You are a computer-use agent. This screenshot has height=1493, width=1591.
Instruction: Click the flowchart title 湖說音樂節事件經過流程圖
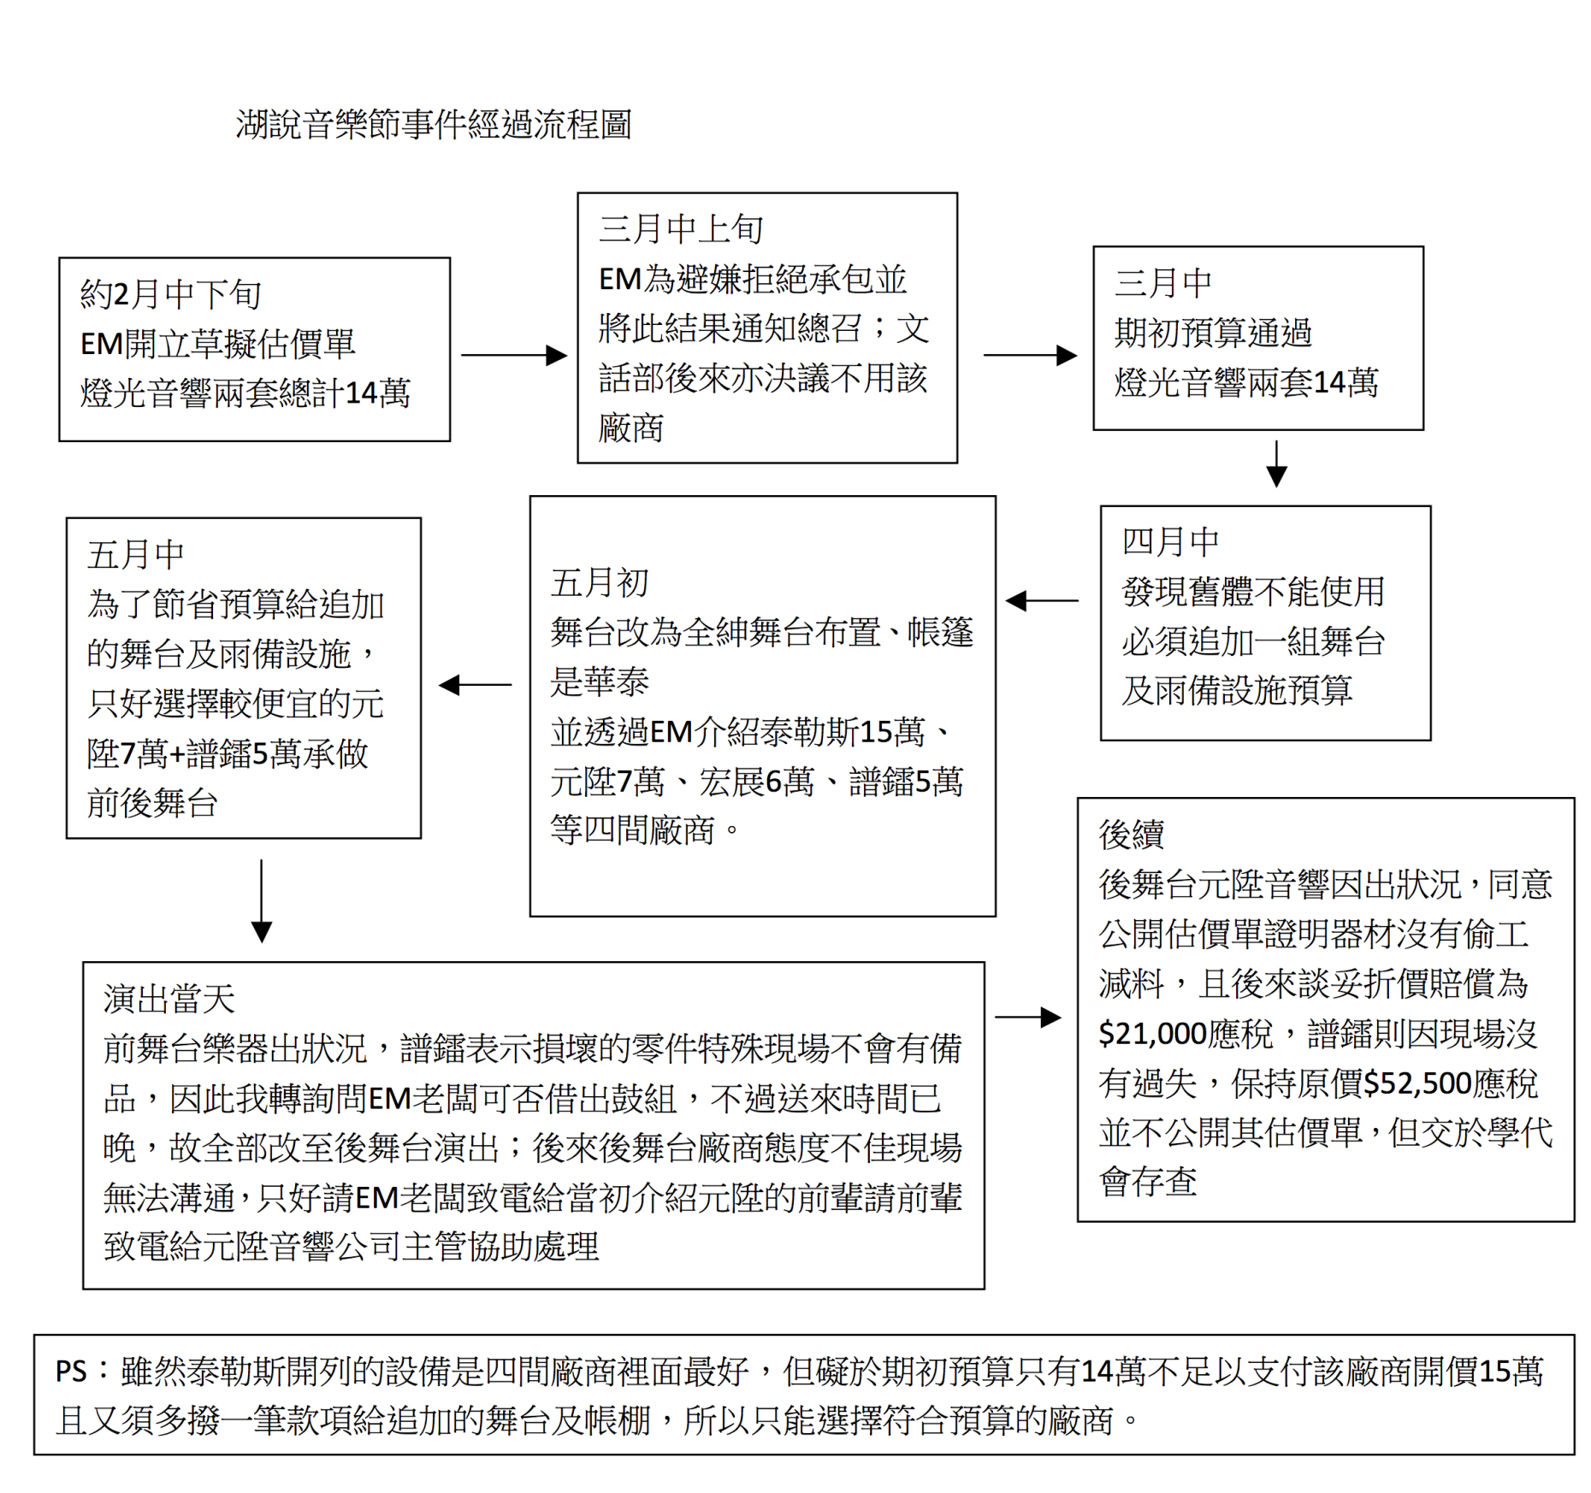tap(434, 125)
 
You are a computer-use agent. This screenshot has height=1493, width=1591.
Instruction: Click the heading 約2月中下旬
tap(170, 294)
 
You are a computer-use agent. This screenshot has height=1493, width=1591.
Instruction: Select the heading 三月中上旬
tap(681, 229)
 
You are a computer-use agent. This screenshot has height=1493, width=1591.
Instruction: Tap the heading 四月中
tap(1170, 541)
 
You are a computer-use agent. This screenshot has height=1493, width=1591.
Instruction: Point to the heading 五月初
tap(600, 583)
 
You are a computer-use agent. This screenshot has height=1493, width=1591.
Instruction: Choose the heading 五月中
tap(136, 555)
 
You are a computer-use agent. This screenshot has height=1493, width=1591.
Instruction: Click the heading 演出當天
tap(169, 999)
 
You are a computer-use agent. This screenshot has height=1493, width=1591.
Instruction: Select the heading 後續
tap(1131, 835)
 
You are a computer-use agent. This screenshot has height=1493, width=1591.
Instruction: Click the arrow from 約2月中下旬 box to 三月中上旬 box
tap(514, 355)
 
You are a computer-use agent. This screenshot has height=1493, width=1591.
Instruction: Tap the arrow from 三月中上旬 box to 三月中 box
tap(1030, 355)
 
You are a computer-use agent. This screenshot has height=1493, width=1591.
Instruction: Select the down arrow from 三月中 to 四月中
tap(1276, 463)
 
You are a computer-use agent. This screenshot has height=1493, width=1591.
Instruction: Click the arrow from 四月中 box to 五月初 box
tap(1042, 601)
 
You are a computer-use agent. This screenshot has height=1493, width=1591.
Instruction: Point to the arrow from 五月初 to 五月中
tap(475, 685)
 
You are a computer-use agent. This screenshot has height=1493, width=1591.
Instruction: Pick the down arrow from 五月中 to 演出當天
tap(262, 901)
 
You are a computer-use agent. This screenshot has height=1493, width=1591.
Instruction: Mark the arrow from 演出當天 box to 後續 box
tap(1028, 1017)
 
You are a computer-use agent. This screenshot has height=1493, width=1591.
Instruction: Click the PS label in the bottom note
tap(72, 1372)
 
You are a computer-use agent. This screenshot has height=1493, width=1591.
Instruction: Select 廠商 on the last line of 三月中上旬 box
tap(631, 428)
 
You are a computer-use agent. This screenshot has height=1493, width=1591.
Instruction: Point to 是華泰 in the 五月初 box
tap(600, 682)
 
